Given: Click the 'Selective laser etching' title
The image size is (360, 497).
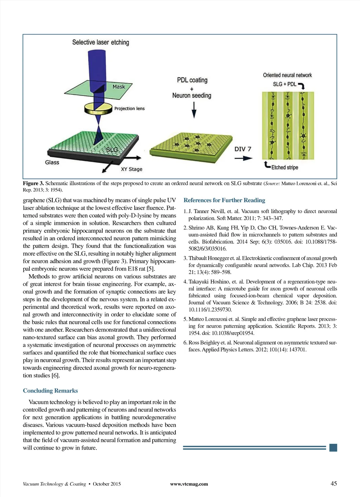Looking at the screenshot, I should click(101, 43).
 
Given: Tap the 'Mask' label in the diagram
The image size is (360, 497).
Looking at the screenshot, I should click(118, 86).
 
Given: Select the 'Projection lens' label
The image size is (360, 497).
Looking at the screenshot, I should click(129, 109).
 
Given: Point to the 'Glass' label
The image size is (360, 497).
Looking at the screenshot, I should click(52, 162).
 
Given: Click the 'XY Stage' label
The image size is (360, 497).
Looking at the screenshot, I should click(131, 169).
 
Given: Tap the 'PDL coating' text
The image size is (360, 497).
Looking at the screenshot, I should click(192, 80).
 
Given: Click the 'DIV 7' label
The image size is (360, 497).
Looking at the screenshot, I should click(243, 149).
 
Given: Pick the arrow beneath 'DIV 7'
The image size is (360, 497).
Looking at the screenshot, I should click(243, 158).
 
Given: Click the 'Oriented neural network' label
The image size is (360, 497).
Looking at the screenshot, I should click(287, 75).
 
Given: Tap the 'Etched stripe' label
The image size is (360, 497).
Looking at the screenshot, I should click(284, 167).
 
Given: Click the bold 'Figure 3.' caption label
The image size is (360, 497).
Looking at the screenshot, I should click(33, 183).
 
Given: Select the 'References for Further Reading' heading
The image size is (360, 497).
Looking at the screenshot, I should click(224, 200).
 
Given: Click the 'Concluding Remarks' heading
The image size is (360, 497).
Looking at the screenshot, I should click(50, 391).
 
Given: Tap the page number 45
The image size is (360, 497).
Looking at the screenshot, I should click(334, 484).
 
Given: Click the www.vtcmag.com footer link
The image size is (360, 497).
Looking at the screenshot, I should click(189, 484).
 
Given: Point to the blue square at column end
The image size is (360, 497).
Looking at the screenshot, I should click(333, 447).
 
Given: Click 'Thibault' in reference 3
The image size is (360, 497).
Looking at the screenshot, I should click(198, 258).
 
